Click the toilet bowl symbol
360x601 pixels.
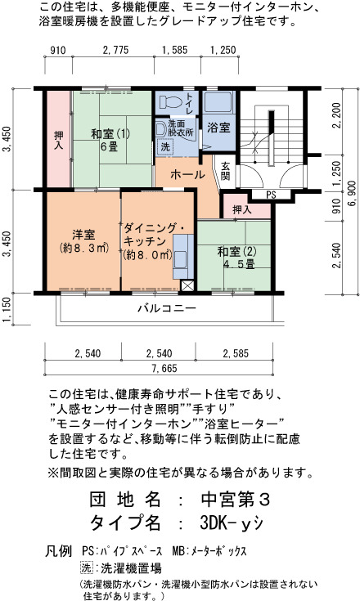point(170,101)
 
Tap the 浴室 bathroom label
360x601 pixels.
point(218,128)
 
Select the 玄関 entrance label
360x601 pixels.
point(226,171)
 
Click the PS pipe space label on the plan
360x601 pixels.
point(271,195)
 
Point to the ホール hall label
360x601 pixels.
point(187,175)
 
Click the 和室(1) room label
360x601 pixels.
point(110,134)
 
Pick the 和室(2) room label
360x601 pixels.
point(237,252)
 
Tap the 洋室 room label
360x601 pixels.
point(83,234)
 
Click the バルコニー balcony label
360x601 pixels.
point(167,307)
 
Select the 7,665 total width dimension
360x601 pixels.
point(164,368)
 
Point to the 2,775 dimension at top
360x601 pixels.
point(115,50)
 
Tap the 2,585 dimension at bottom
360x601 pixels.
point(236,353)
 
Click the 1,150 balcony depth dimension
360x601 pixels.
point(7,310)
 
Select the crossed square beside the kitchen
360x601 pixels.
point(187,286)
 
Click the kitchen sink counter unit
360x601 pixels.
point(183,257)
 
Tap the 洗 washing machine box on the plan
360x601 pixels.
point(165,146)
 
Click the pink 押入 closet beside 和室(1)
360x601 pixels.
point(58,139)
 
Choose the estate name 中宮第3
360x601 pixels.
point(236,500)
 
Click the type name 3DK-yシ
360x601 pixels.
point(232,523)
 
